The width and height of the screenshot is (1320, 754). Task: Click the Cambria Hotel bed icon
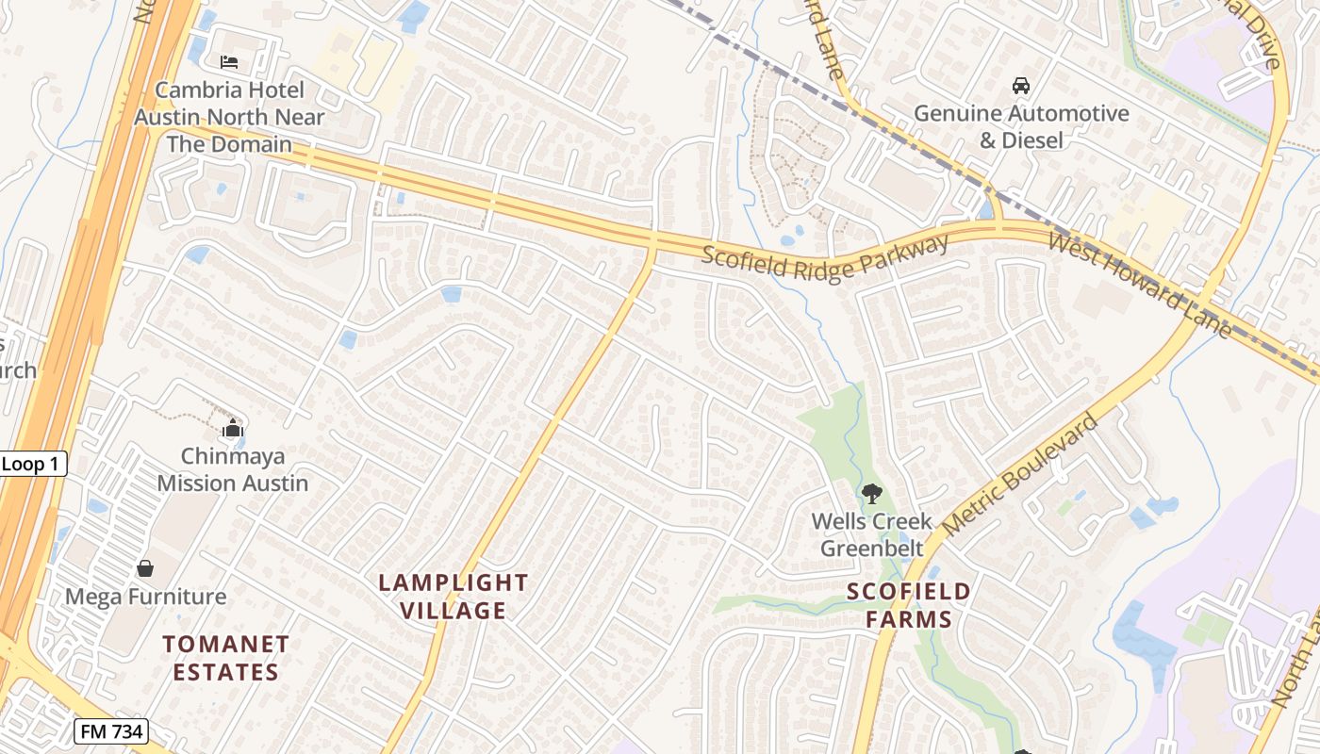pyautogui.click(x=228, y=63)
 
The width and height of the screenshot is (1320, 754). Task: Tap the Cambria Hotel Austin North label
pyautogui.click(x=229, y=117)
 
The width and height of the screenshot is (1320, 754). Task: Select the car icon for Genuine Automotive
pyautogui.click(x=1020, y=86)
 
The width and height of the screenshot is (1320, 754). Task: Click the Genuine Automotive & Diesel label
pyautogui.click(x=1021, y=126)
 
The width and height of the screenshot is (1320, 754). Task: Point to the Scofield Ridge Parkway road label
pyautogui.click(x=825, y=257)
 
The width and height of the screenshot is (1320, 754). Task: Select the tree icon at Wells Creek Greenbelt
pyautogui.click(x=871, y=492)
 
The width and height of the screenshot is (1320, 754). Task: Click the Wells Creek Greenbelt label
pyautogui.click(x=871, y=534)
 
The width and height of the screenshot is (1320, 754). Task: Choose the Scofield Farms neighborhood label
pyautogui.click(x=908, y=605)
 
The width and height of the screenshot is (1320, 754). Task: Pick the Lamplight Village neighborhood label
pyautogui.click(x=454, y=596)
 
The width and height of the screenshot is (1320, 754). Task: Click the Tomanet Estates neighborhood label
pyautogui.click(x=225, y=658)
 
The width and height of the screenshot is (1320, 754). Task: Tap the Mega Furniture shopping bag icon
pyautogui.click(x=145, y=568)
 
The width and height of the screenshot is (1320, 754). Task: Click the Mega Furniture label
pyautogui.click(x=145, y=597)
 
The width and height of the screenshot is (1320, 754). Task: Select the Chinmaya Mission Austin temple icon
pyautogui.click(x=232, y=430)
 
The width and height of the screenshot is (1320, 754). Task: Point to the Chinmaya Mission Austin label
pyautogui.click(x=232, y=469)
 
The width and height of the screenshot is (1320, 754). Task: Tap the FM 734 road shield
pyautogui.click(x=110, y=731)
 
